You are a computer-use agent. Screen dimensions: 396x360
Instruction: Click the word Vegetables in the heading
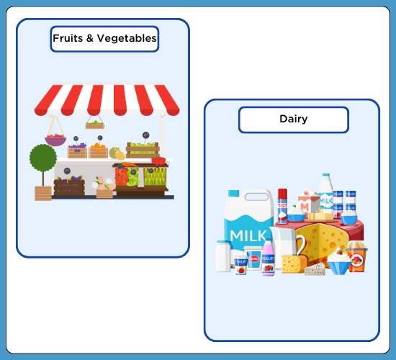[127, 38]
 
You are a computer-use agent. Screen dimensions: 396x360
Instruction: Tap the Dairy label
[294, 119]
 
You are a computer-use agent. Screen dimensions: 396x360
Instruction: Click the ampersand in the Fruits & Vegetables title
[90, 38]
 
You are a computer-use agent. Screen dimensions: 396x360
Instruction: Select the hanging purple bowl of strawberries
[55, 140]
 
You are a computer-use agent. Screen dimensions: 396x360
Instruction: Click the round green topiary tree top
[43, 158]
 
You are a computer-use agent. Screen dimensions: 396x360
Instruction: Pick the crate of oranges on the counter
[98, 150]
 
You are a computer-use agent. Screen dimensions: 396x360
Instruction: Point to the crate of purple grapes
[77, 150]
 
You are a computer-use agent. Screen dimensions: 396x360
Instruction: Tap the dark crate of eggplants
[69, 186]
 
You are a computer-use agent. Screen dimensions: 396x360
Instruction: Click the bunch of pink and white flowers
[103, 184]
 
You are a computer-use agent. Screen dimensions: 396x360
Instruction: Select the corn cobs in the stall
[155, 176]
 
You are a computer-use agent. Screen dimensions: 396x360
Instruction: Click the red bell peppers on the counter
[158, 161]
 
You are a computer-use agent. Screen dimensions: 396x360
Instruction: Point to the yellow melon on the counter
[120, 155]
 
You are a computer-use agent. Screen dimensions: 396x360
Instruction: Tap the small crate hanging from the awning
[95, 125]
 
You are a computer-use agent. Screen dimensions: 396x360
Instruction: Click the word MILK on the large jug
[248, 236]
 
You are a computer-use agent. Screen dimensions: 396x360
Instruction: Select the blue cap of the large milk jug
[233, 194]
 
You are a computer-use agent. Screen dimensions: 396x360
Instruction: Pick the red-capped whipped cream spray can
[282, 206]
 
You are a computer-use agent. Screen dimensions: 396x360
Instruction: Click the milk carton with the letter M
[309, 202]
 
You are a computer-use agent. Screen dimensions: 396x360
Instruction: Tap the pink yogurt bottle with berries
[269, 258]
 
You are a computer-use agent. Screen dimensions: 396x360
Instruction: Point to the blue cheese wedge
[315, 269]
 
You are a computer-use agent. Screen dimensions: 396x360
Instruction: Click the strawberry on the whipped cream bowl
[340, 252]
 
